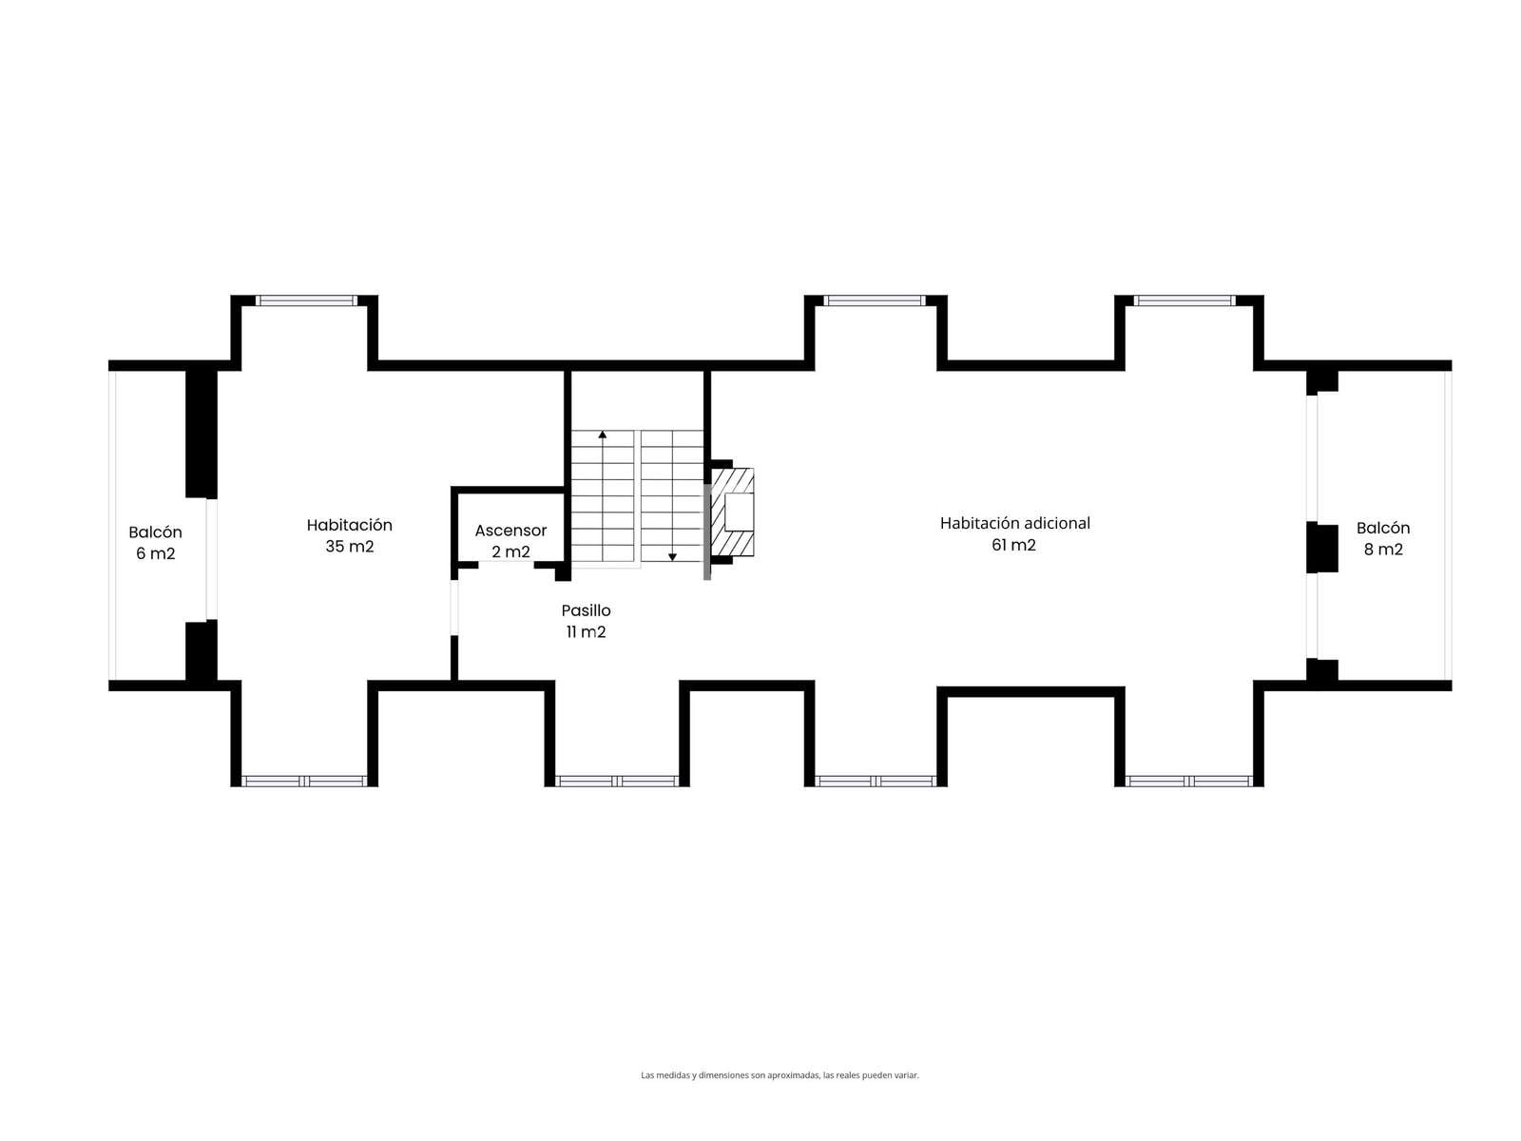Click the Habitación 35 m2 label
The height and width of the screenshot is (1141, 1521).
click(x=349, y=535)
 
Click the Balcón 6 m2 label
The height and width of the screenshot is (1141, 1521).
click(x=155, y=542)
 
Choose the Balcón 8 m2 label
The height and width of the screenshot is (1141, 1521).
click(x=1383, y=538)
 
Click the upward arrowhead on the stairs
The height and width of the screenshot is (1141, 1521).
click(x=602, y=435)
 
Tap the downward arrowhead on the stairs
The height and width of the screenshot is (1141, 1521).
click(x=671, y=557)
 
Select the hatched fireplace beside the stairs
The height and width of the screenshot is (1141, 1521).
click(x=732, y=512)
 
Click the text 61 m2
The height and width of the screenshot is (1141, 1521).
click(x=1013, y=545)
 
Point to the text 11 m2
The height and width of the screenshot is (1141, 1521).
click(x=586, y=631)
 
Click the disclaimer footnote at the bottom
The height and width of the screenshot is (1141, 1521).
click(x=780, y=1075)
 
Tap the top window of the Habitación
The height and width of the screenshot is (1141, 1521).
click(x=305, y=300)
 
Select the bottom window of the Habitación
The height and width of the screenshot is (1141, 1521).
click(x=304, y=781)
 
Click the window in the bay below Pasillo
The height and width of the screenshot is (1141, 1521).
click(x=617, y=781)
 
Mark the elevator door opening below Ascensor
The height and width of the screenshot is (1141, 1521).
click(x=506, y=564)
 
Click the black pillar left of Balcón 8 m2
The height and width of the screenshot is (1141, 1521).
click(x=1321, y=548)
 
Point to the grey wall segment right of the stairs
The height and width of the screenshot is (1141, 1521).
click(x=707, y=531)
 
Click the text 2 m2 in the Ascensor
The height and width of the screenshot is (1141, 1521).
click(x=510, y=551)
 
